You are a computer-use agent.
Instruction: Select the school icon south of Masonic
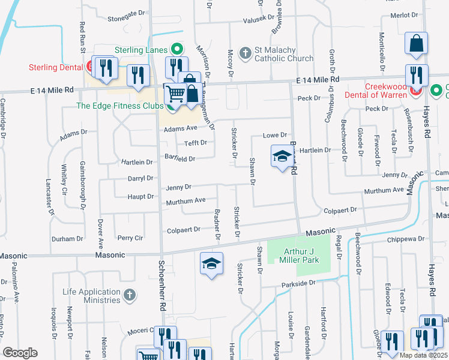point(211,264)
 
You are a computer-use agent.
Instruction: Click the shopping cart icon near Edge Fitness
point(175,93)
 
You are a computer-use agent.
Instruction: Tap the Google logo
point(20,352)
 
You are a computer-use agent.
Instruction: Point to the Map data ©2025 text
point(423,355)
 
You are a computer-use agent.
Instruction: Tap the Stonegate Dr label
point(128,28)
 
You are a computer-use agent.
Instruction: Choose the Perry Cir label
point(130,238)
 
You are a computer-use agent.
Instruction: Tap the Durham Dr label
point(67,238)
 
